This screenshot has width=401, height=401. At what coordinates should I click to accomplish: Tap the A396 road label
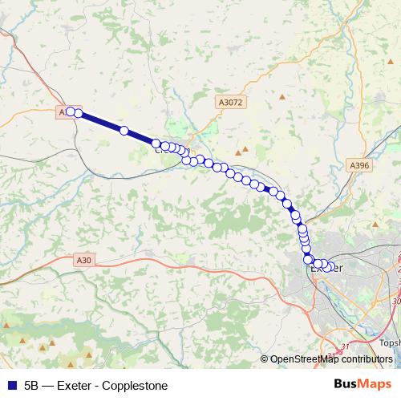pos(360,165)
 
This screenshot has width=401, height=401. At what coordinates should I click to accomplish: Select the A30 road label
pos(83,260)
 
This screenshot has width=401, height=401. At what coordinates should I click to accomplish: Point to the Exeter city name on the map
pos(326,268)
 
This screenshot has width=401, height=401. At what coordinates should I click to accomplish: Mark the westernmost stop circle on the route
pos(71,112)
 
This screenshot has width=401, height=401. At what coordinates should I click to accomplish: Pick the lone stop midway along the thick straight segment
pos(124,130)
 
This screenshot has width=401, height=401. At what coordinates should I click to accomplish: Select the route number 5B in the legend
pos(32,385)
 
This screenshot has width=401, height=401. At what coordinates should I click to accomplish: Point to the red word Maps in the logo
pos(375,384)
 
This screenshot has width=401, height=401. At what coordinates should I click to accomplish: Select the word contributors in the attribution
pos(368,360)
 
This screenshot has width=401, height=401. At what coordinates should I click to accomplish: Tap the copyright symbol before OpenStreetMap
pos(265,360)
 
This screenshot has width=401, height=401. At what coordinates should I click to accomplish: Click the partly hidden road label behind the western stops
pos(63,112)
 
